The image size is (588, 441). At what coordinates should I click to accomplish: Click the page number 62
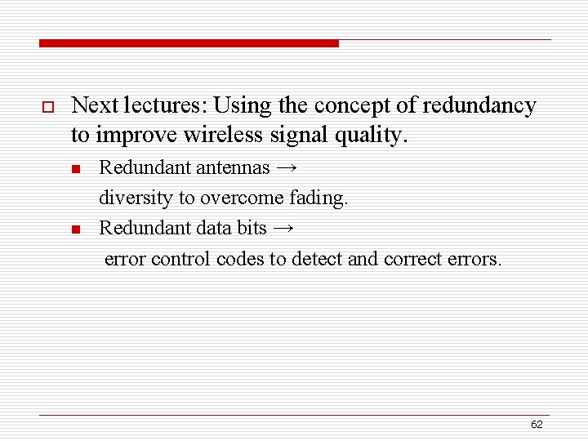537,425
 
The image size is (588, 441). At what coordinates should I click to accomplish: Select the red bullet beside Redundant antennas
74,169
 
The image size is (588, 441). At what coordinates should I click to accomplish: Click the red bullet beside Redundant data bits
74,229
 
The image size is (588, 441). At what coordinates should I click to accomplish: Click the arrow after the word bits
283,229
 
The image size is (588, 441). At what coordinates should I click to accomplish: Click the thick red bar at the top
189,43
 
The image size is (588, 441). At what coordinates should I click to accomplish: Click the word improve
133,134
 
